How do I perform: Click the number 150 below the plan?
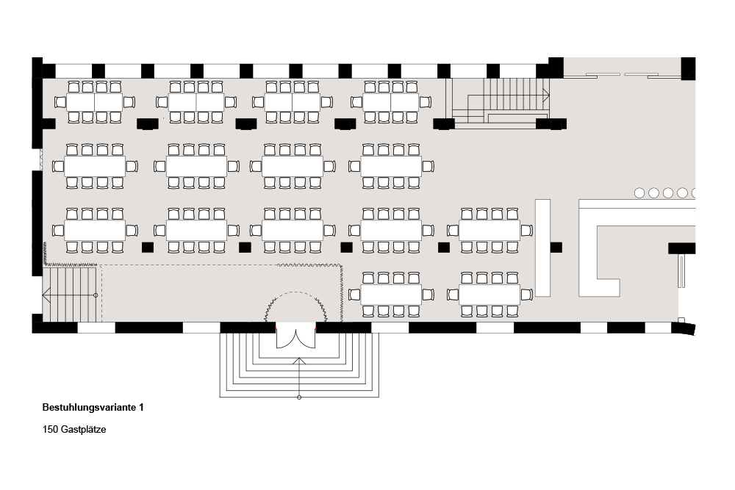click(x=51, y=430)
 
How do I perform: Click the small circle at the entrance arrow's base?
click(x=299, y=397)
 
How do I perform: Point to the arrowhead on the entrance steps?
click(x=299, y=361)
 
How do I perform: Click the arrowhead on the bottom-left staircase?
click(x=46, y=295)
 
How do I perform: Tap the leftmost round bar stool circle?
click(x=639, y=193)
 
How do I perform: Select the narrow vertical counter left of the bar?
click(x=543, y=248)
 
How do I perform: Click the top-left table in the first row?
click(x=95, y=102)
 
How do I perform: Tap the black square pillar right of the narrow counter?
click(x=556, y=247)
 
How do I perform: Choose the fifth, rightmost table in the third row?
click(x=489, y=231)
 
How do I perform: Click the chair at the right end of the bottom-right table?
click(x=526, y=295)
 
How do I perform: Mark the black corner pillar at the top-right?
click(x=688, y=68)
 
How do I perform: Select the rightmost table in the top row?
click(x=391, y=102)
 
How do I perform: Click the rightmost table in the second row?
click(x=391, y=166)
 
